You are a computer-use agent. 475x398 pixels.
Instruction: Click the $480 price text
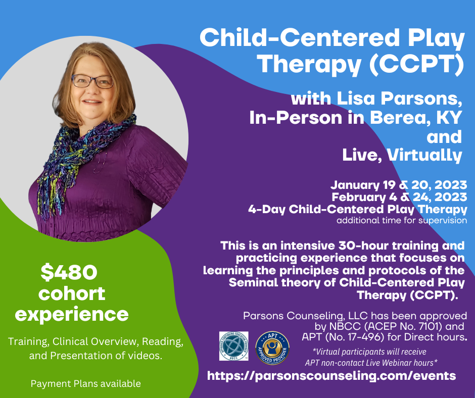tap(69, 272)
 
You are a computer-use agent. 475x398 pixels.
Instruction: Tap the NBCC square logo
tap(234, 345)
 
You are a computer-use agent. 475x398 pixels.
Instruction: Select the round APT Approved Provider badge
tap(272, 347)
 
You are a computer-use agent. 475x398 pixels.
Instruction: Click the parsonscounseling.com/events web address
tap(331, 376)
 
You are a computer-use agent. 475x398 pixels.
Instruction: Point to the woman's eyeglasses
tap(92, 81)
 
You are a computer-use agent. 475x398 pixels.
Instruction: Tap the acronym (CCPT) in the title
tap(416, 64)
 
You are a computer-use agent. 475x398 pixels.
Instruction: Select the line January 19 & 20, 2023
tap(399, 185)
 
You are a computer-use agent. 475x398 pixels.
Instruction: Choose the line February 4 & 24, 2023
tap(399, 197)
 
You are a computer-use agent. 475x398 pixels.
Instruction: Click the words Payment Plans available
tap(86, 383)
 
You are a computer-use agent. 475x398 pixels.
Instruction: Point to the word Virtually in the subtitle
tap(424, 155)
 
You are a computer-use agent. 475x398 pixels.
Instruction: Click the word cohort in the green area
tap(72, 293)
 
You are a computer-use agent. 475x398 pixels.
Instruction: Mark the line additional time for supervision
tap(402, 220)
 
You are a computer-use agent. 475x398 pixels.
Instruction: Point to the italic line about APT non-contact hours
tap(371, 363)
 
